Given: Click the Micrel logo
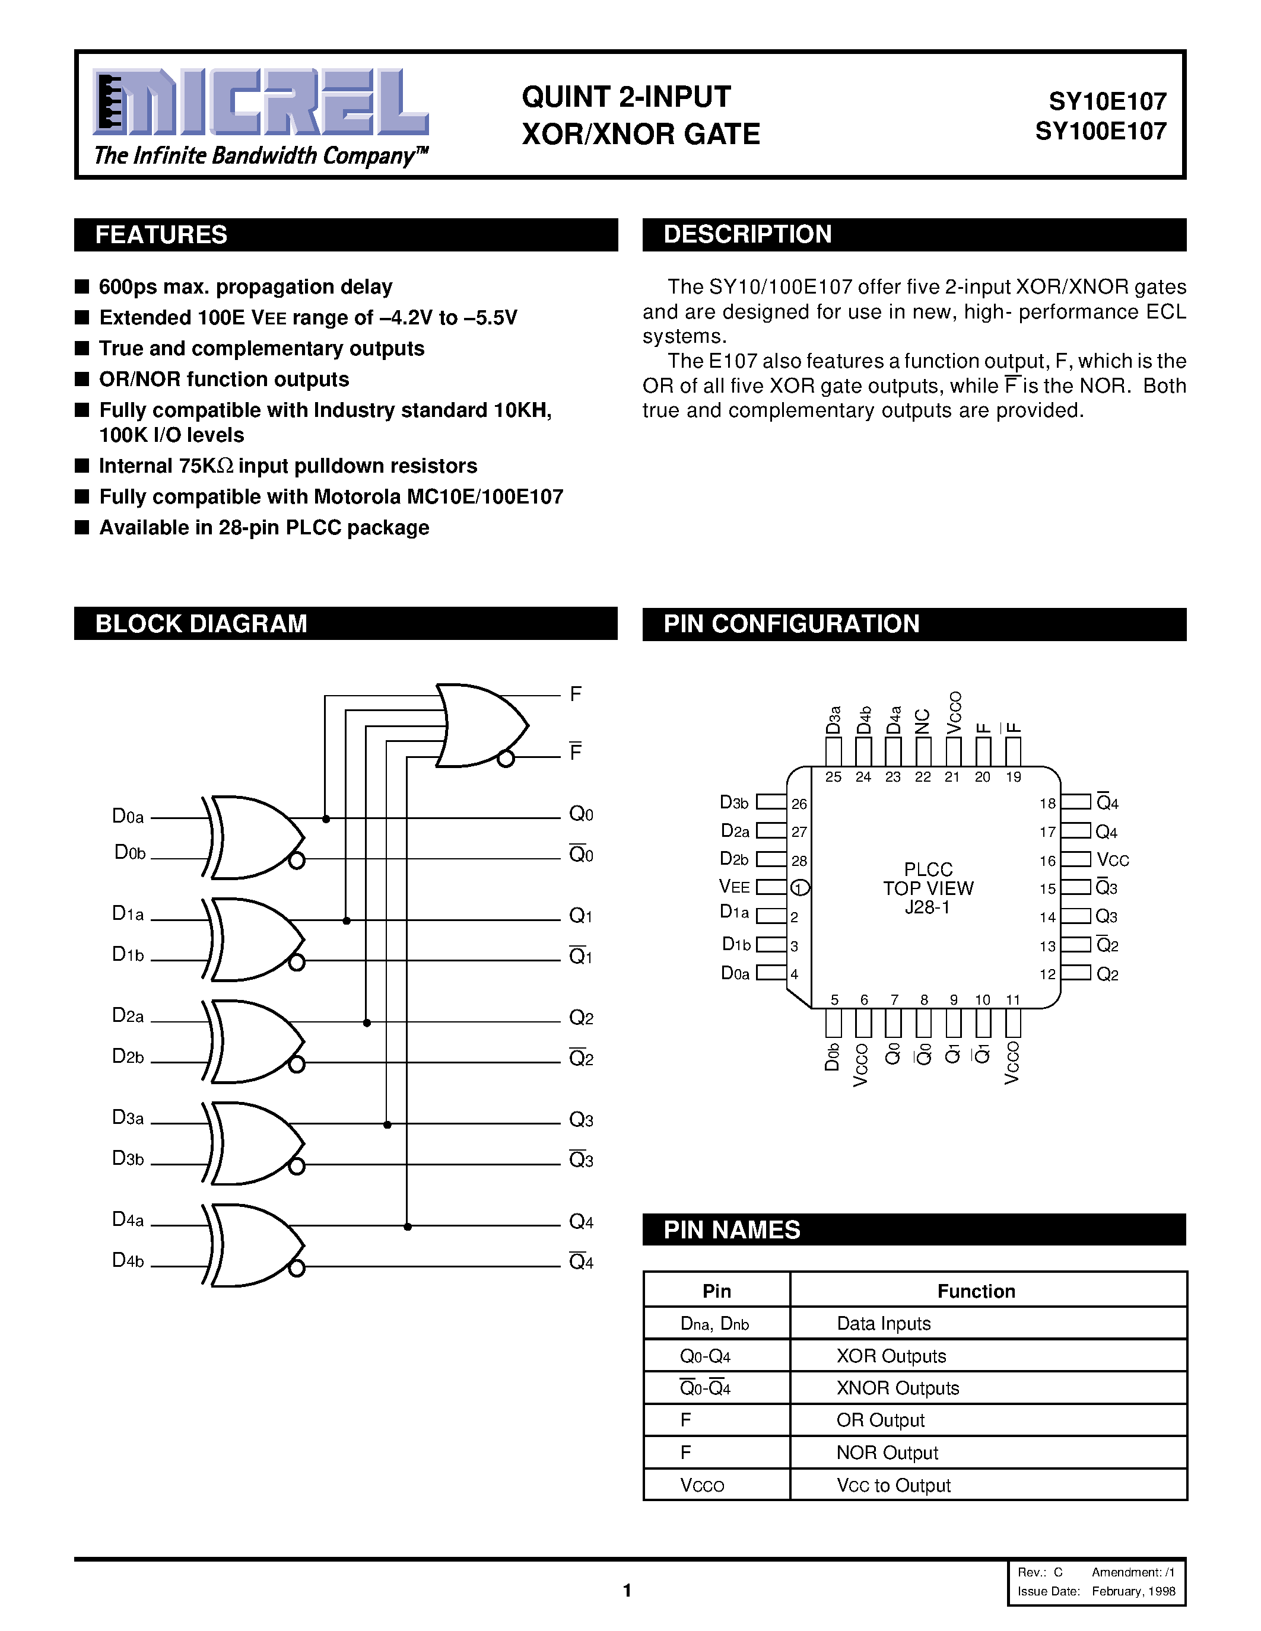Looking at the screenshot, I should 261,103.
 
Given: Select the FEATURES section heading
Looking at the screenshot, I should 161,234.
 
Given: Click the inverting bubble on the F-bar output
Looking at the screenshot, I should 506,759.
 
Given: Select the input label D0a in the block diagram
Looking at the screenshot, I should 128,816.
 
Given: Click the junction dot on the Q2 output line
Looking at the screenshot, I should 367,1022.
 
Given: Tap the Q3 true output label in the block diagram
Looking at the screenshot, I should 580,1119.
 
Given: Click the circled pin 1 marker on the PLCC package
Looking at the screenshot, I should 799,888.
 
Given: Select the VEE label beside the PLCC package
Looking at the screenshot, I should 733,887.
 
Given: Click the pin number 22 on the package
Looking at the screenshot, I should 923,778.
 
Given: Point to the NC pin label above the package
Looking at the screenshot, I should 923,721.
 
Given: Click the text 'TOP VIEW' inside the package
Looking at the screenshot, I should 928,888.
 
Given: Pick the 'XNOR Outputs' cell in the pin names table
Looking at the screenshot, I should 897,1388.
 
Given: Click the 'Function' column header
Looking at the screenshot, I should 976,1291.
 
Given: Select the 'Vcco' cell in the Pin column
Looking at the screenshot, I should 701,1485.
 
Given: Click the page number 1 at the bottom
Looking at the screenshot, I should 627,1590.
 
